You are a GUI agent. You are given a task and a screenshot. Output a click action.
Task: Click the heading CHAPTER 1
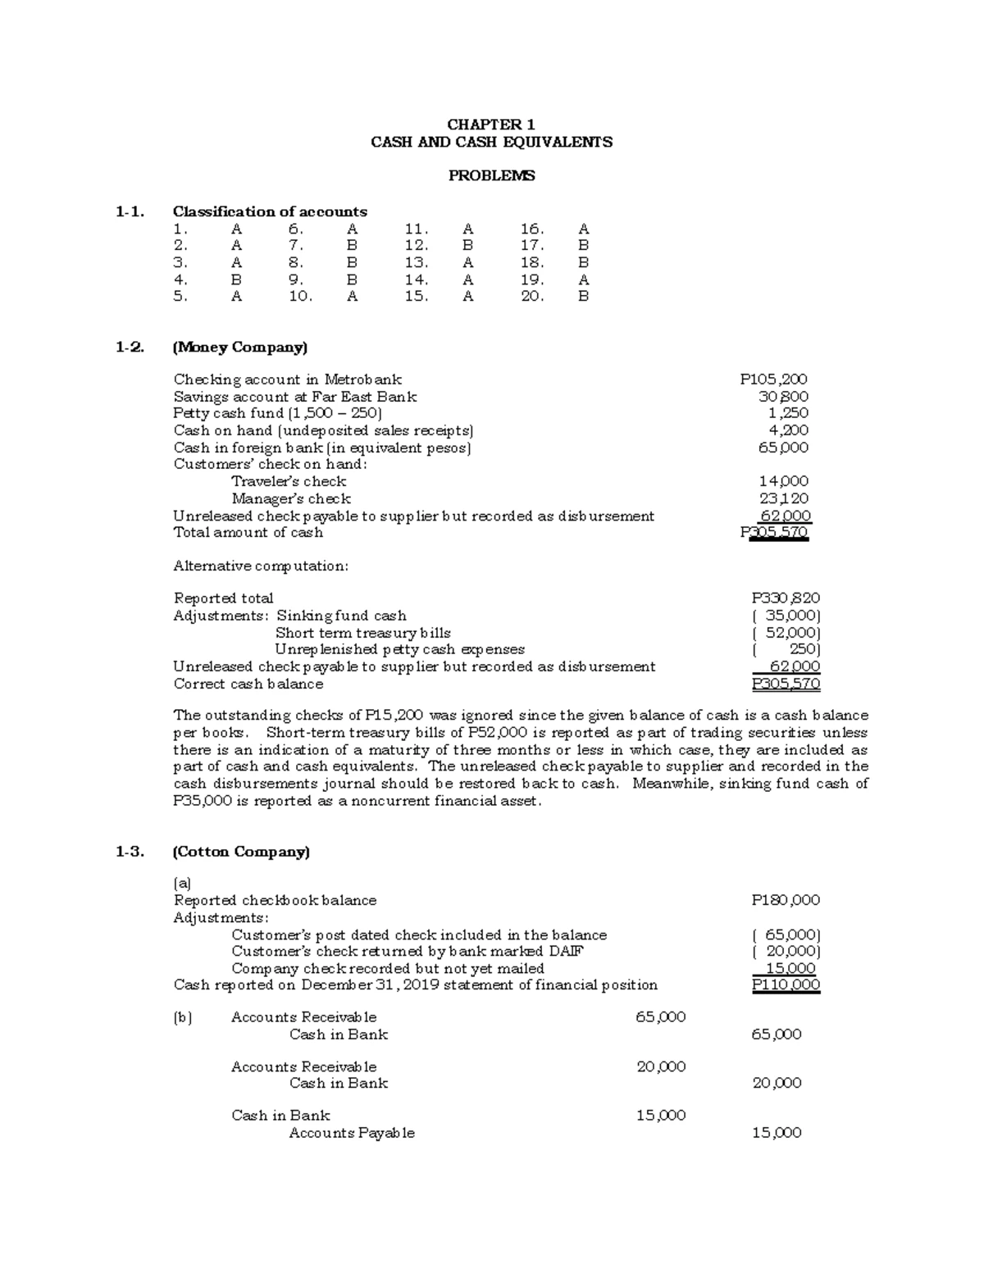pos(490,125)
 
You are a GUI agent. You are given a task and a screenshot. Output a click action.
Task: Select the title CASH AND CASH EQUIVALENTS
pos(491,142)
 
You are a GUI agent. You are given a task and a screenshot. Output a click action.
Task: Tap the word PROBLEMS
pos(491,175)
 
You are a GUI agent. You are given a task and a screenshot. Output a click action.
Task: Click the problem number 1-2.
pos(130,347)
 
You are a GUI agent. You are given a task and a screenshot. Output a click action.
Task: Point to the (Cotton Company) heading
pos(241,852)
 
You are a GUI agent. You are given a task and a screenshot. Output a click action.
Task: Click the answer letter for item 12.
pos(467,245)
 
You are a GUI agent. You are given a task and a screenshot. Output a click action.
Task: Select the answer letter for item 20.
pos(583,297)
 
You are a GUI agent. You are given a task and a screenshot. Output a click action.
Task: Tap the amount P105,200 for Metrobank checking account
pos(773,379)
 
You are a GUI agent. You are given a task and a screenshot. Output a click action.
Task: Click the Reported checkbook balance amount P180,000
pos(786,900)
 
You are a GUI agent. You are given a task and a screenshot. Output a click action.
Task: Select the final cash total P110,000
pos(786,985)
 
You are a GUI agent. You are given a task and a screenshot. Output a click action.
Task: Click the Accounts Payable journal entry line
pos(352,1133)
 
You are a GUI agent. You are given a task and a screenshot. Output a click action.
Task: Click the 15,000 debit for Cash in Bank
pos(661,1116)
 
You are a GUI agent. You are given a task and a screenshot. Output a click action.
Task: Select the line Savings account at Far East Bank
pos(295,397)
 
